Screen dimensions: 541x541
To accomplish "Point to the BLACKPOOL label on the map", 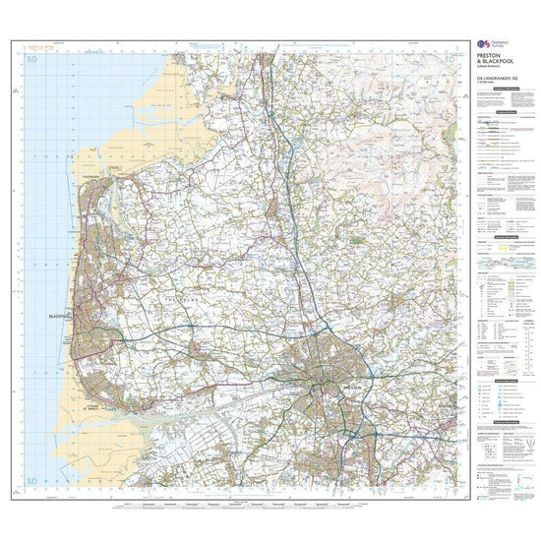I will [x=62, y=316].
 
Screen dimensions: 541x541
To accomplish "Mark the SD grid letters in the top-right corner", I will [x=451, y=61].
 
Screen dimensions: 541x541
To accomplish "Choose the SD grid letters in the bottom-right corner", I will [x=451, y=483].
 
